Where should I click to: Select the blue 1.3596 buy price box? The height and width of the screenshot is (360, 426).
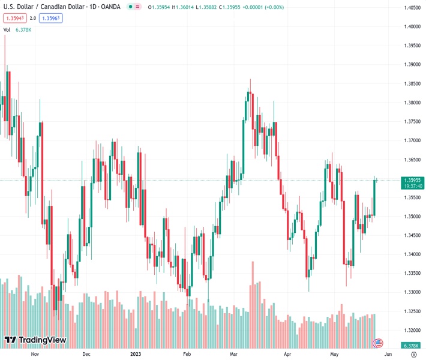pyautogui.click(x=50, y=18)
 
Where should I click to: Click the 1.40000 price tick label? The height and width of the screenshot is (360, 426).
pyautogui.click(x=412, y=26)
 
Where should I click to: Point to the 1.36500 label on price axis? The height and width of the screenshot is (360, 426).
pyautogui.click(x=412, y=160)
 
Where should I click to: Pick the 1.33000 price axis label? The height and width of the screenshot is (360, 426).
pyautogui.click(x=412, y=292)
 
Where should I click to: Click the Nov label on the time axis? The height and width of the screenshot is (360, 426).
pyautogui.click(x=34, y=354)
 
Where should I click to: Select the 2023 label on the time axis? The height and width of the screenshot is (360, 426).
pyautogui.click(x=137, y=354)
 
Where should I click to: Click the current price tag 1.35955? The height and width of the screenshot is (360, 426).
pyautogui.click(x=412, y=180)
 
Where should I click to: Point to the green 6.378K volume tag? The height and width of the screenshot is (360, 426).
pyautogui.click(x=411, y=346)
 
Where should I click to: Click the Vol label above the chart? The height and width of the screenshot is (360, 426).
pyautogui.click(x=7, y=29)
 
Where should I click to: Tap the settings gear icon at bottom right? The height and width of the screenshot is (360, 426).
pyautogui.click(x=413, y=354)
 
